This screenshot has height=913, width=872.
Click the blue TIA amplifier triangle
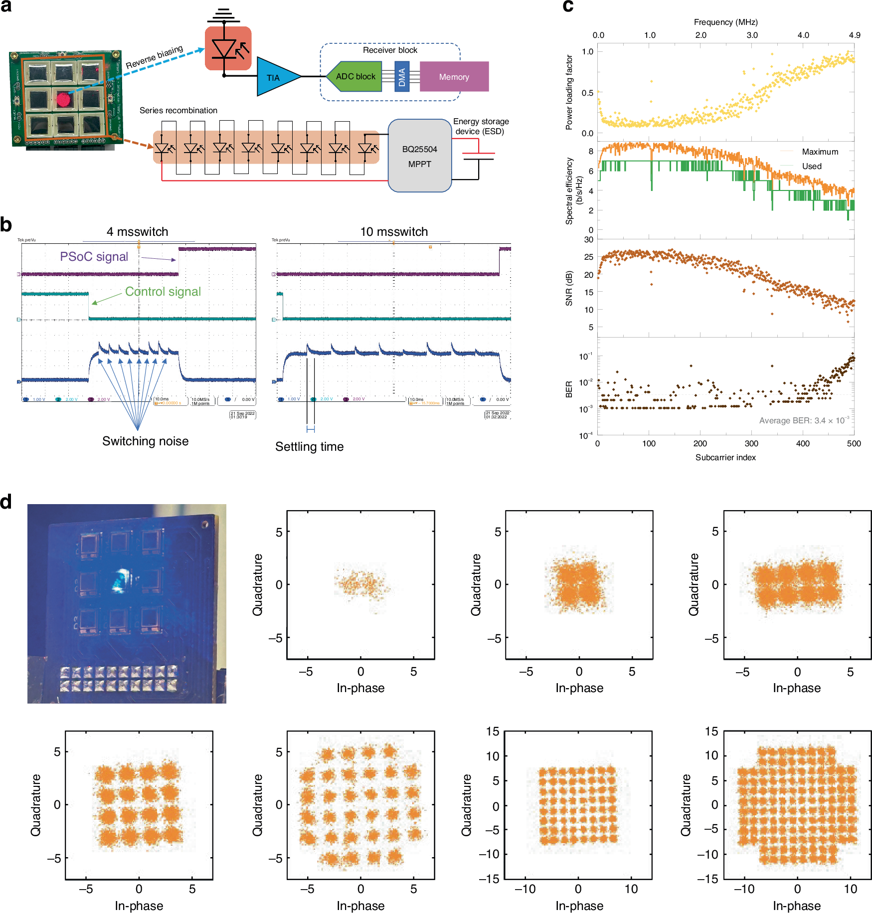pyautogui.click(x=275, y=77)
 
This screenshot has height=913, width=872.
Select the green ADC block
pyautogui.click(x=355, y=76)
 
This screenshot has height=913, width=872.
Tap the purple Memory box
pyautogui.click(x=454, y=77)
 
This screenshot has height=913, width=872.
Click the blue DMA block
pyautogui.click(x=402, y=76)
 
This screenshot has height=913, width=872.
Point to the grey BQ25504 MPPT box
pyautogui.click(x=419, y=156)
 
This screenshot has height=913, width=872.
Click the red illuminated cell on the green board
pyautogui.click(x=63, y=99)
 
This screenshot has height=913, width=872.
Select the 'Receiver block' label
pyautogui.click(x=390, y=50)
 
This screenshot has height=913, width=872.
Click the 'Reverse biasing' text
pyautogui.click(x=154, y=57)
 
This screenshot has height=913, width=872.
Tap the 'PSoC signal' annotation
pyautogui.click(x=94, y=257)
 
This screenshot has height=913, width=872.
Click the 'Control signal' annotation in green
pyautogui.click(x=163, y=292)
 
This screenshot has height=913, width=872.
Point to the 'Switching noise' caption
pyautogui.click(x=145, y=441)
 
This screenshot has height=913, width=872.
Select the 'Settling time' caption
pyautogui.click(x=309, y=447)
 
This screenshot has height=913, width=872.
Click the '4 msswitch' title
pyautogui.click(x=137, y=232)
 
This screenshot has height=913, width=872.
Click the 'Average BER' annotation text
pyautogui.click(x=804, y=420)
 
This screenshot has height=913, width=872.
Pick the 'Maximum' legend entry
pyautogui.click(x=820, y=152)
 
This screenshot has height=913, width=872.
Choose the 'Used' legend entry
pyautogui.click(x=812, y=166)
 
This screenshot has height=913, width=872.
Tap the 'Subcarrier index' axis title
pyautogui.click(x=725, y=457)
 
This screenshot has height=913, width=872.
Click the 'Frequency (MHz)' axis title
pyautogui.click(x=725, y=22)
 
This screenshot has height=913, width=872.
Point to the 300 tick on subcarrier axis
pyautogui.click(x=751, y=443)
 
